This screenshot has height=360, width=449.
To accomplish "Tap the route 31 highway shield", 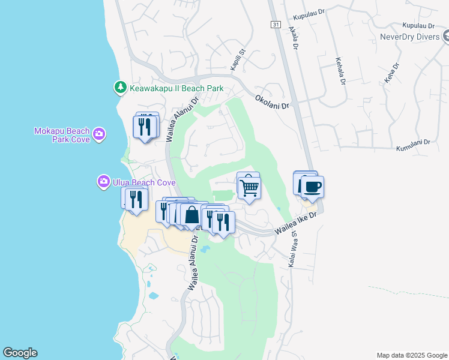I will pos(275,24).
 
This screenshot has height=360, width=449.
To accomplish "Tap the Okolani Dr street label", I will pos(272,101).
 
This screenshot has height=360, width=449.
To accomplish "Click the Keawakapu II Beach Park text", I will pos(176,88).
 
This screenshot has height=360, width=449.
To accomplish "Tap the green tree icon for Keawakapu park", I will pos(121,88).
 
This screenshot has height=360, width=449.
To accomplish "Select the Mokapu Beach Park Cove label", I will pos(62,135).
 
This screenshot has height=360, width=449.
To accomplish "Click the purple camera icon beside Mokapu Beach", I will pos(99,134).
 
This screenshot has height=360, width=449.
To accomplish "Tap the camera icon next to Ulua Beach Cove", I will pos(104,181).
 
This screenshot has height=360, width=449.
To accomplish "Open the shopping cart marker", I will pos(250,188).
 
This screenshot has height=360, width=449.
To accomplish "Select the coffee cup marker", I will pos(312,187).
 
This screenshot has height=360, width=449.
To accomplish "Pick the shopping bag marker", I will pos(191,215).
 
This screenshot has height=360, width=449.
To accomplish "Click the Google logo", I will pos(20,353).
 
